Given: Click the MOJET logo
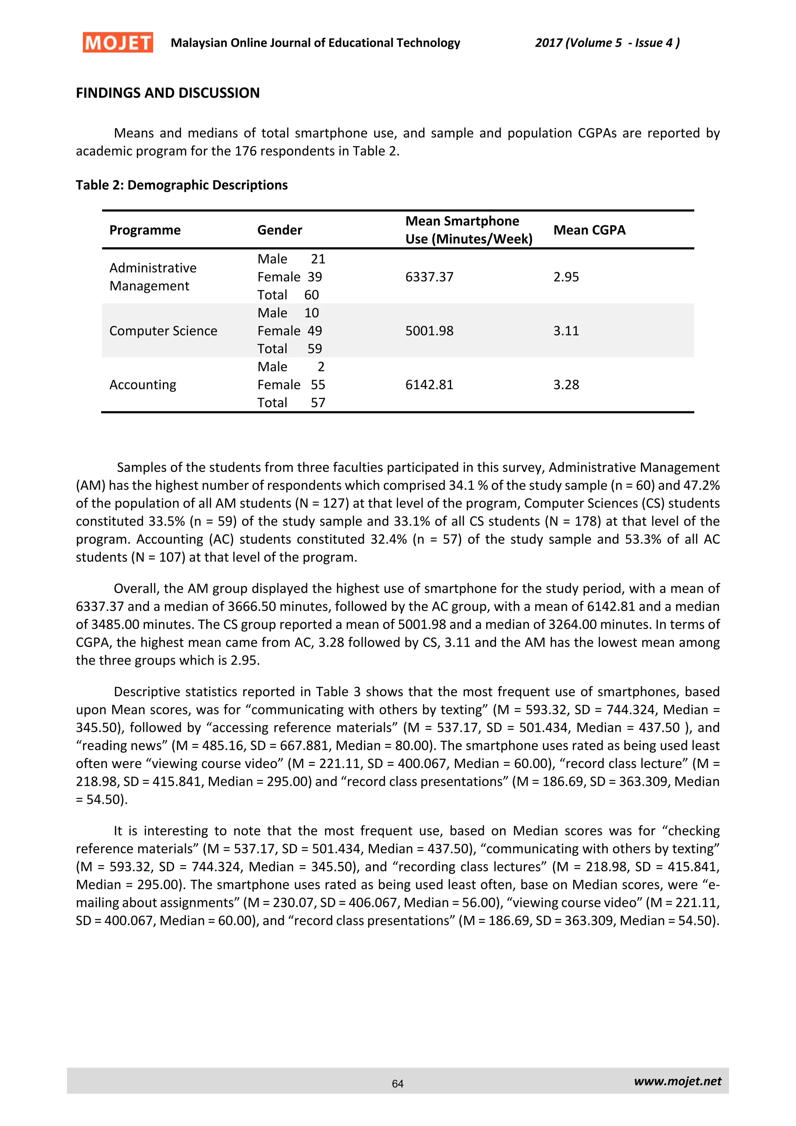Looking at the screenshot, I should (118, 43).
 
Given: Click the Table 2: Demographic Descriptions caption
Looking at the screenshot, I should (182, 185).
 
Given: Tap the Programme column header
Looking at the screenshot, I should (145, 230).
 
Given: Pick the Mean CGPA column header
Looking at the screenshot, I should (589, 230).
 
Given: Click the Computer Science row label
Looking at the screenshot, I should (163, 331).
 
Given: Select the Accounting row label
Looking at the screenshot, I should (143, 385).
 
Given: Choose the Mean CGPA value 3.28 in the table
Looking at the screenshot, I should (566, 385).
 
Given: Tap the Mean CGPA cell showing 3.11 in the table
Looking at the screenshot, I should (566, 331).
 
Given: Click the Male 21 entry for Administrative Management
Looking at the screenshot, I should (291, 259).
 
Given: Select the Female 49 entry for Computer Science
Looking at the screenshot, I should (290, 331).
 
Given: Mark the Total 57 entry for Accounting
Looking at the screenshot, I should (291, 403).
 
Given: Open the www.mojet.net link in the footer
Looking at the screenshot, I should (677, 1081).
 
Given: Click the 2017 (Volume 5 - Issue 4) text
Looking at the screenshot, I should (607, 43).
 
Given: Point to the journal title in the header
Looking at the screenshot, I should (315, 43).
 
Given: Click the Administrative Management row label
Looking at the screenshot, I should (153, 277).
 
